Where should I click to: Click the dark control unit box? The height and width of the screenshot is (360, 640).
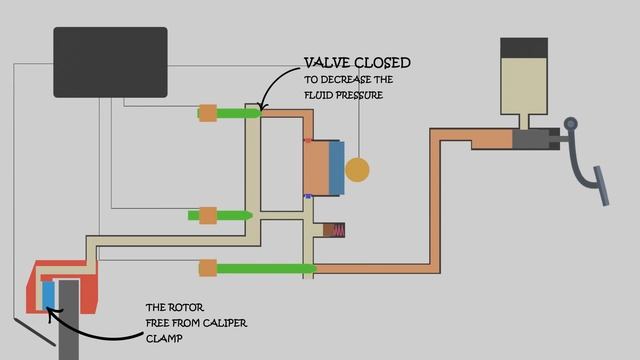pos(110,62)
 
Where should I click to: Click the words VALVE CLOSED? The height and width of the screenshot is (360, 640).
pos(357,63)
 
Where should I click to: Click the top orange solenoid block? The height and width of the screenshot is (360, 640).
pos(208,113)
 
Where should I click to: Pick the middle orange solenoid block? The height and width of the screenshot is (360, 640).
pos(208,215)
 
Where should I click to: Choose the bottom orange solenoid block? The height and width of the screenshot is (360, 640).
pos(208,267)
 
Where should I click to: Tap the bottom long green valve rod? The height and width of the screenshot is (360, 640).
pos(265,267)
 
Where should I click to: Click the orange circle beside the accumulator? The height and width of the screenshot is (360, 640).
pos(357,170)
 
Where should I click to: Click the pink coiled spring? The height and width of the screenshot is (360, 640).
pos(337,230)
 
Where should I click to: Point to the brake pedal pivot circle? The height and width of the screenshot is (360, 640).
pos(571,125)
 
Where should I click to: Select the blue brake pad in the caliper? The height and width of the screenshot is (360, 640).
pos(48,294)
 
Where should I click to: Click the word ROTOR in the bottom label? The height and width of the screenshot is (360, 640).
pos(183,308)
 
